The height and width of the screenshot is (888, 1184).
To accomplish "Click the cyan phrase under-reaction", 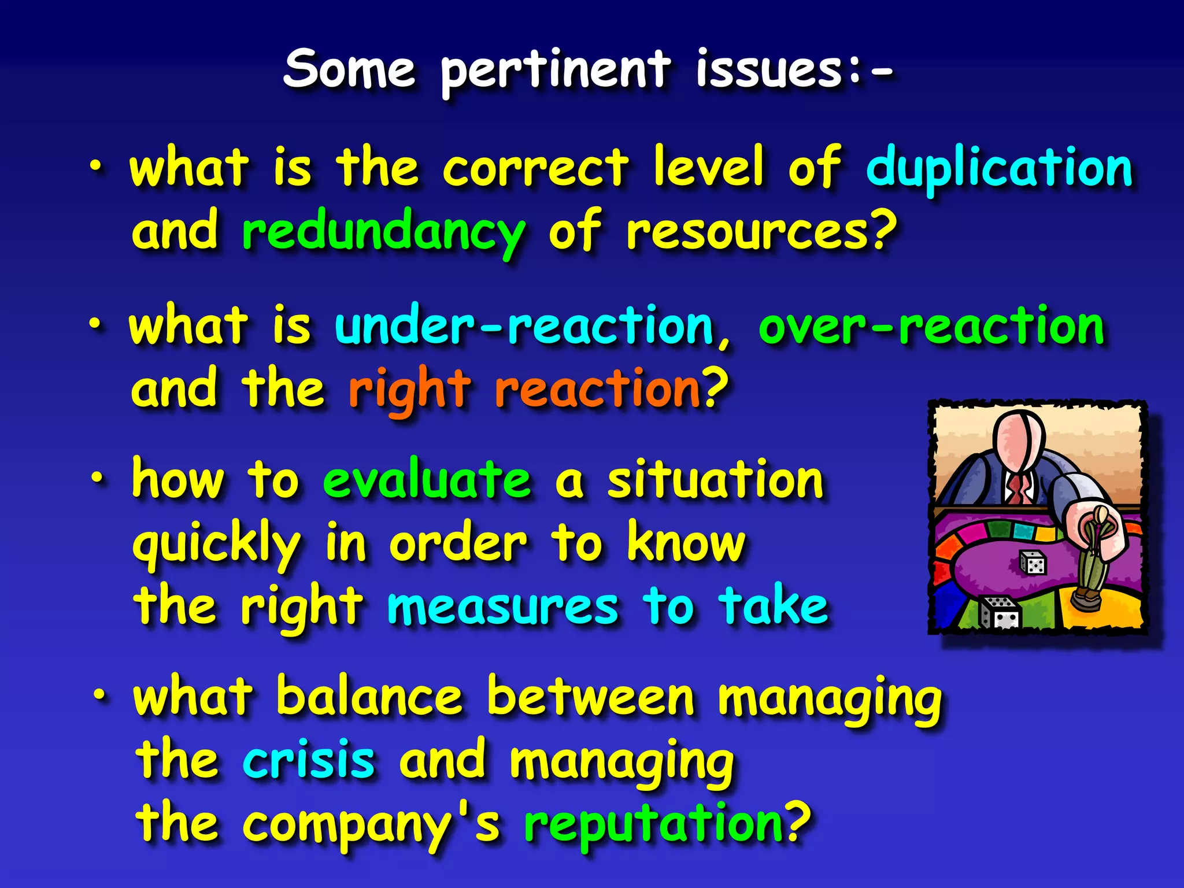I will point(523,327).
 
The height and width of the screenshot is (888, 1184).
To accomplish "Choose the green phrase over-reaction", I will point(931,327).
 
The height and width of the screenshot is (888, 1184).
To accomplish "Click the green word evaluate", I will point(427,481).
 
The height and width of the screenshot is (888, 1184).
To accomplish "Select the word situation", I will point(715,481).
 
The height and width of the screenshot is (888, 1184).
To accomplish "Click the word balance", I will point(369,697).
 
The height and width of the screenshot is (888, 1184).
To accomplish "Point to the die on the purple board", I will point(1032,563).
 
